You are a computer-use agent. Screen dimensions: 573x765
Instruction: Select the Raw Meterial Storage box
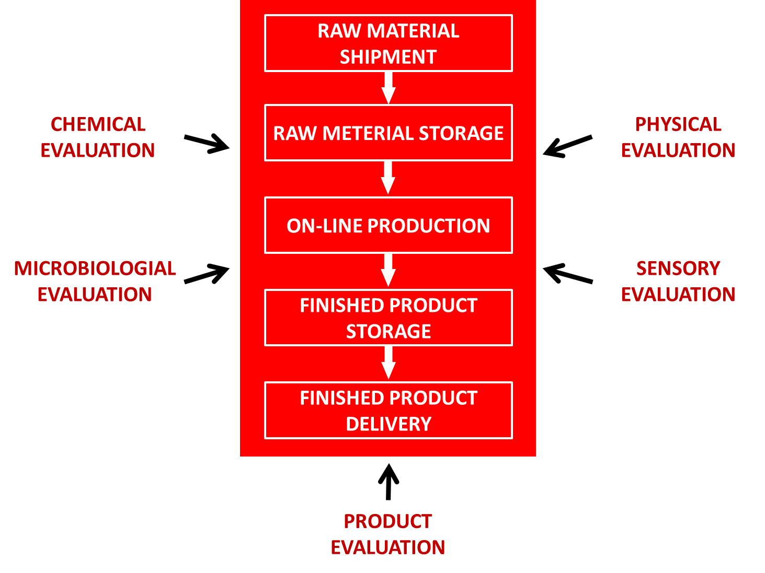click(388, 133)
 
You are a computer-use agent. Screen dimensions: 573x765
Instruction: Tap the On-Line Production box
click(388, 226)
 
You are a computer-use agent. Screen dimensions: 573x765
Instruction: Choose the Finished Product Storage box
click(388, 318)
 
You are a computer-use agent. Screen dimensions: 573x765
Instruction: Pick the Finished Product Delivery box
click(388, 411)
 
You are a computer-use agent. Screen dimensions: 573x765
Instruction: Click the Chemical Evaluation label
click(98, 137)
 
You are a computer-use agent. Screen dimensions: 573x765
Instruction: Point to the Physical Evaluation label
click(678, 137)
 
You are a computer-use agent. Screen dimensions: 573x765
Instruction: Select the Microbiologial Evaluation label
click(95, 282)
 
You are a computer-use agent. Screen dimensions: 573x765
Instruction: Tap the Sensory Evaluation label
click(678, 282)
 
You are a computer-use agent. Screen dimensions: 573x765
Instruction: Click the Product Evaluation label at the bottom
click(388, 534)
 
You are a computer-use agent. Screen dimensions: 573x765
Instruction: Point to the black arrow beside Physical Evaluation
click(567, 146)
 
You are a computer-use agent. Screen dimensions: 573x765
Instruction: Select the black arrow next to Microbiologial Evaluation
click(207, 274)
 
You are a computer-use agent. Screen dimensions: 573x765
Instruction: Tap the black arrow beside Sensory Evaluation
click(567, 273)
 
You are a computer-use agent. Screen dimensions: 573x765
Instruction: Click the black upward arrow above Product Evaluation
click(389, 481)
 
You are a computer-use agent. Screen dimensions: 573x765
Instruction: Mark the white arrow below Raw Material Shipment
click(389, 87)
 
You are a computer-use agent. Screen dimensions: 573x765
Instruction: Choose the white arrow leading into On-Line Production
click(388, 178)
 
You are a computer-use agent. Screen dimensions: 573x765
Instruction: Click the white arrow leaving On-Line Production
click(388, 270)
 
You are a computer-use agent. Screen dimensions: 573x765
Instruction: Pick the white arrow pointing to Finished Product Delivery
click(388, 362)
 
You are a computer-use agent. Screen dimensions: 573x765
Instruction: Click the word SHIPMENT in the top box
click(388, 57)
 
